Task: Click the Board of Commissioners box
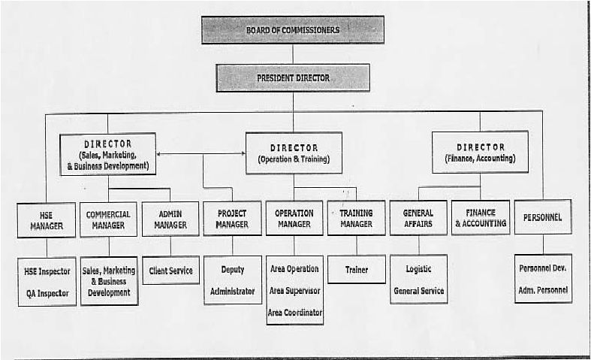pyautogui.click(x=293, y=30)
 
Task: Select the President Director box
pyautogui.click(x=293, y=77)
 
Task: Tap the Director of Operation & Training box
pyautogui.click(x=294, y=153)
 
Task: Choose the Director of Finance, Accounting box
pyautogui.click(x=480, y=152)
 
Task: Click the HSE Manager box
pyautogui.click(x=47, y=220)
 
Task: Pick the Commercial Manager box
pyautogui.click(x=108, y=219)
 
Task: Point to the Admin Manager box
pyautogui.click(x=170, y=219)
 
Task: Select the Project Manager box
pyautogui.click(x=232, y=219)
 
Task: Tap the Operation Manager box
pyautogui.click(x=294, y=218)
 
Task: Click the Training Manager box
pyautogui.click(x=356, y=218)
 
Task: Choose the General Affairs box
pyautogui.click(x=418, y=218)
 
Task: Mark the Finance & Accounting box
pyautogui.click(x=481, y=217)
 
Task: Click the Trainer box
pyautogui.click(x=357, y=269)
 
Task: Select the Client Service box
pyautogui.click(x=170, y=271)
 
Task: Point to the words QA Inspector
pyautogui.click(x=47, y=293)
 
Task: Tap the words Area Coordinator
pyautogui.click(x=294, y=313)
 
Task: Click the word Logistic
pyautogui.click(x=418, y=269)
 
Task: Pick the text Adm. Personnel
pyautogui.click(x=543, y=290)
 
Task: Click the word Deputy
pyautogui.click(x=233, y=270)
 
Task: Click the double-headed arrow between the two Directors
pyautogui.click(x=201, y=153)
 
